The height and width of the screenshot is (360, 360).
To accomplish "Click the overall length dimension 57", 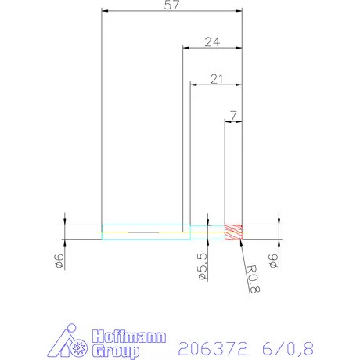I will click(x=172, y=6).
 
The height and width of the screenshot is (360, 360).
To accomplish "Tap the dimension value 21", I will click(x=217, y=78).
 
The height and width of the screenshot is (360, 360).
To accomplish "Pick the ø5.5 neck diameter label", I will click(x=201, y=265).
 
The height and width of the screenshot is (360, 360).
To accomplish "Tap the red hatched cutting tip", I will click(x=234, y=232).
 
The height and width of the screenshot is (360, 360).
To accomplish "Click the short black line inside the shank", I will click(x=143, y=232).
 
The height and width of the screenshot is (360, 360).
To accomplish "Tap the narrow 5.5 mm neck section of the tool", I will click(x=207, y=232).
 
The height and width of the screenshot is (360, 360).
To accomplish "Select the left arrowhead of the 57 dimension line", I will click(x=105, y=11).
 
